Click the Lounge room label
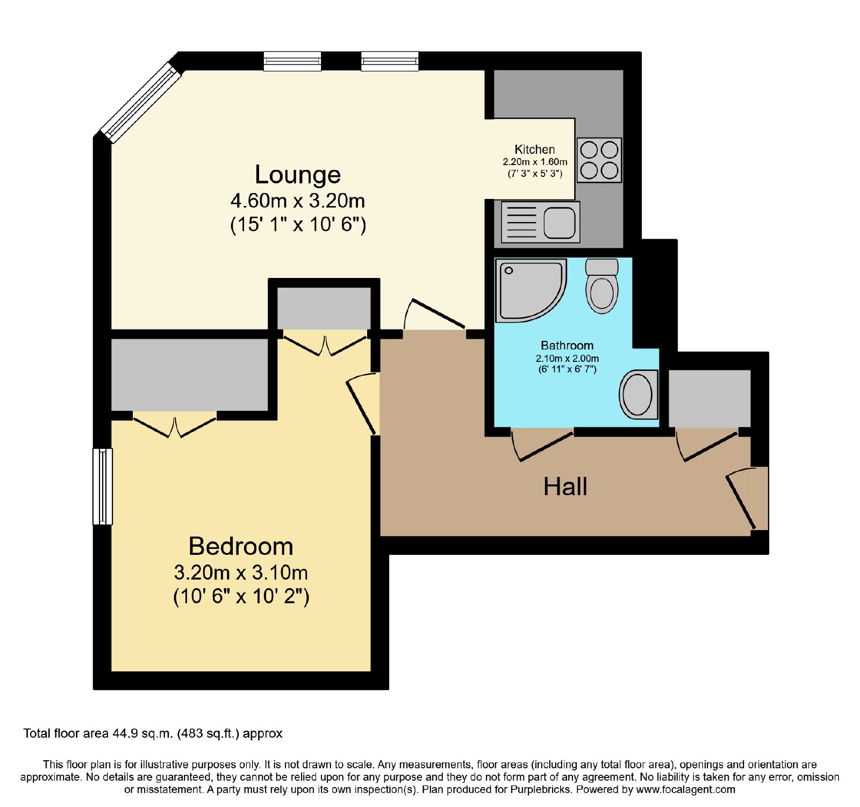(x=298, y=175)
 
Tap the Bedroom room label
(x=241, y=546)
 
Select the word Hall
(x=565, y=487)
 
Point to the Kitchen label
(x=534, y=149)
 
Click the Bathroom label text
(x=567, y=346)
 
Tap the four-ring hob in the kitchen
(x=599, y=160)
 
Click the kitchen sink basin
(x=559, y=223)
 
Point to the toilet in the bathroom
(x=601, y=286)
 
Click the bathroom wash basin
(x=639, y=395)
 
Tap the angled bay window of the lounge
(x=141, y=103)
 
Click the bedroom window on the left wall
(x=103, y=487)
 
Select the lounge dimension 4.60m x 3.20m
(x=298, y=201)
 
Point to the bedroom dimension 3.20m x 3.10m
(x=241, y=573)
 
